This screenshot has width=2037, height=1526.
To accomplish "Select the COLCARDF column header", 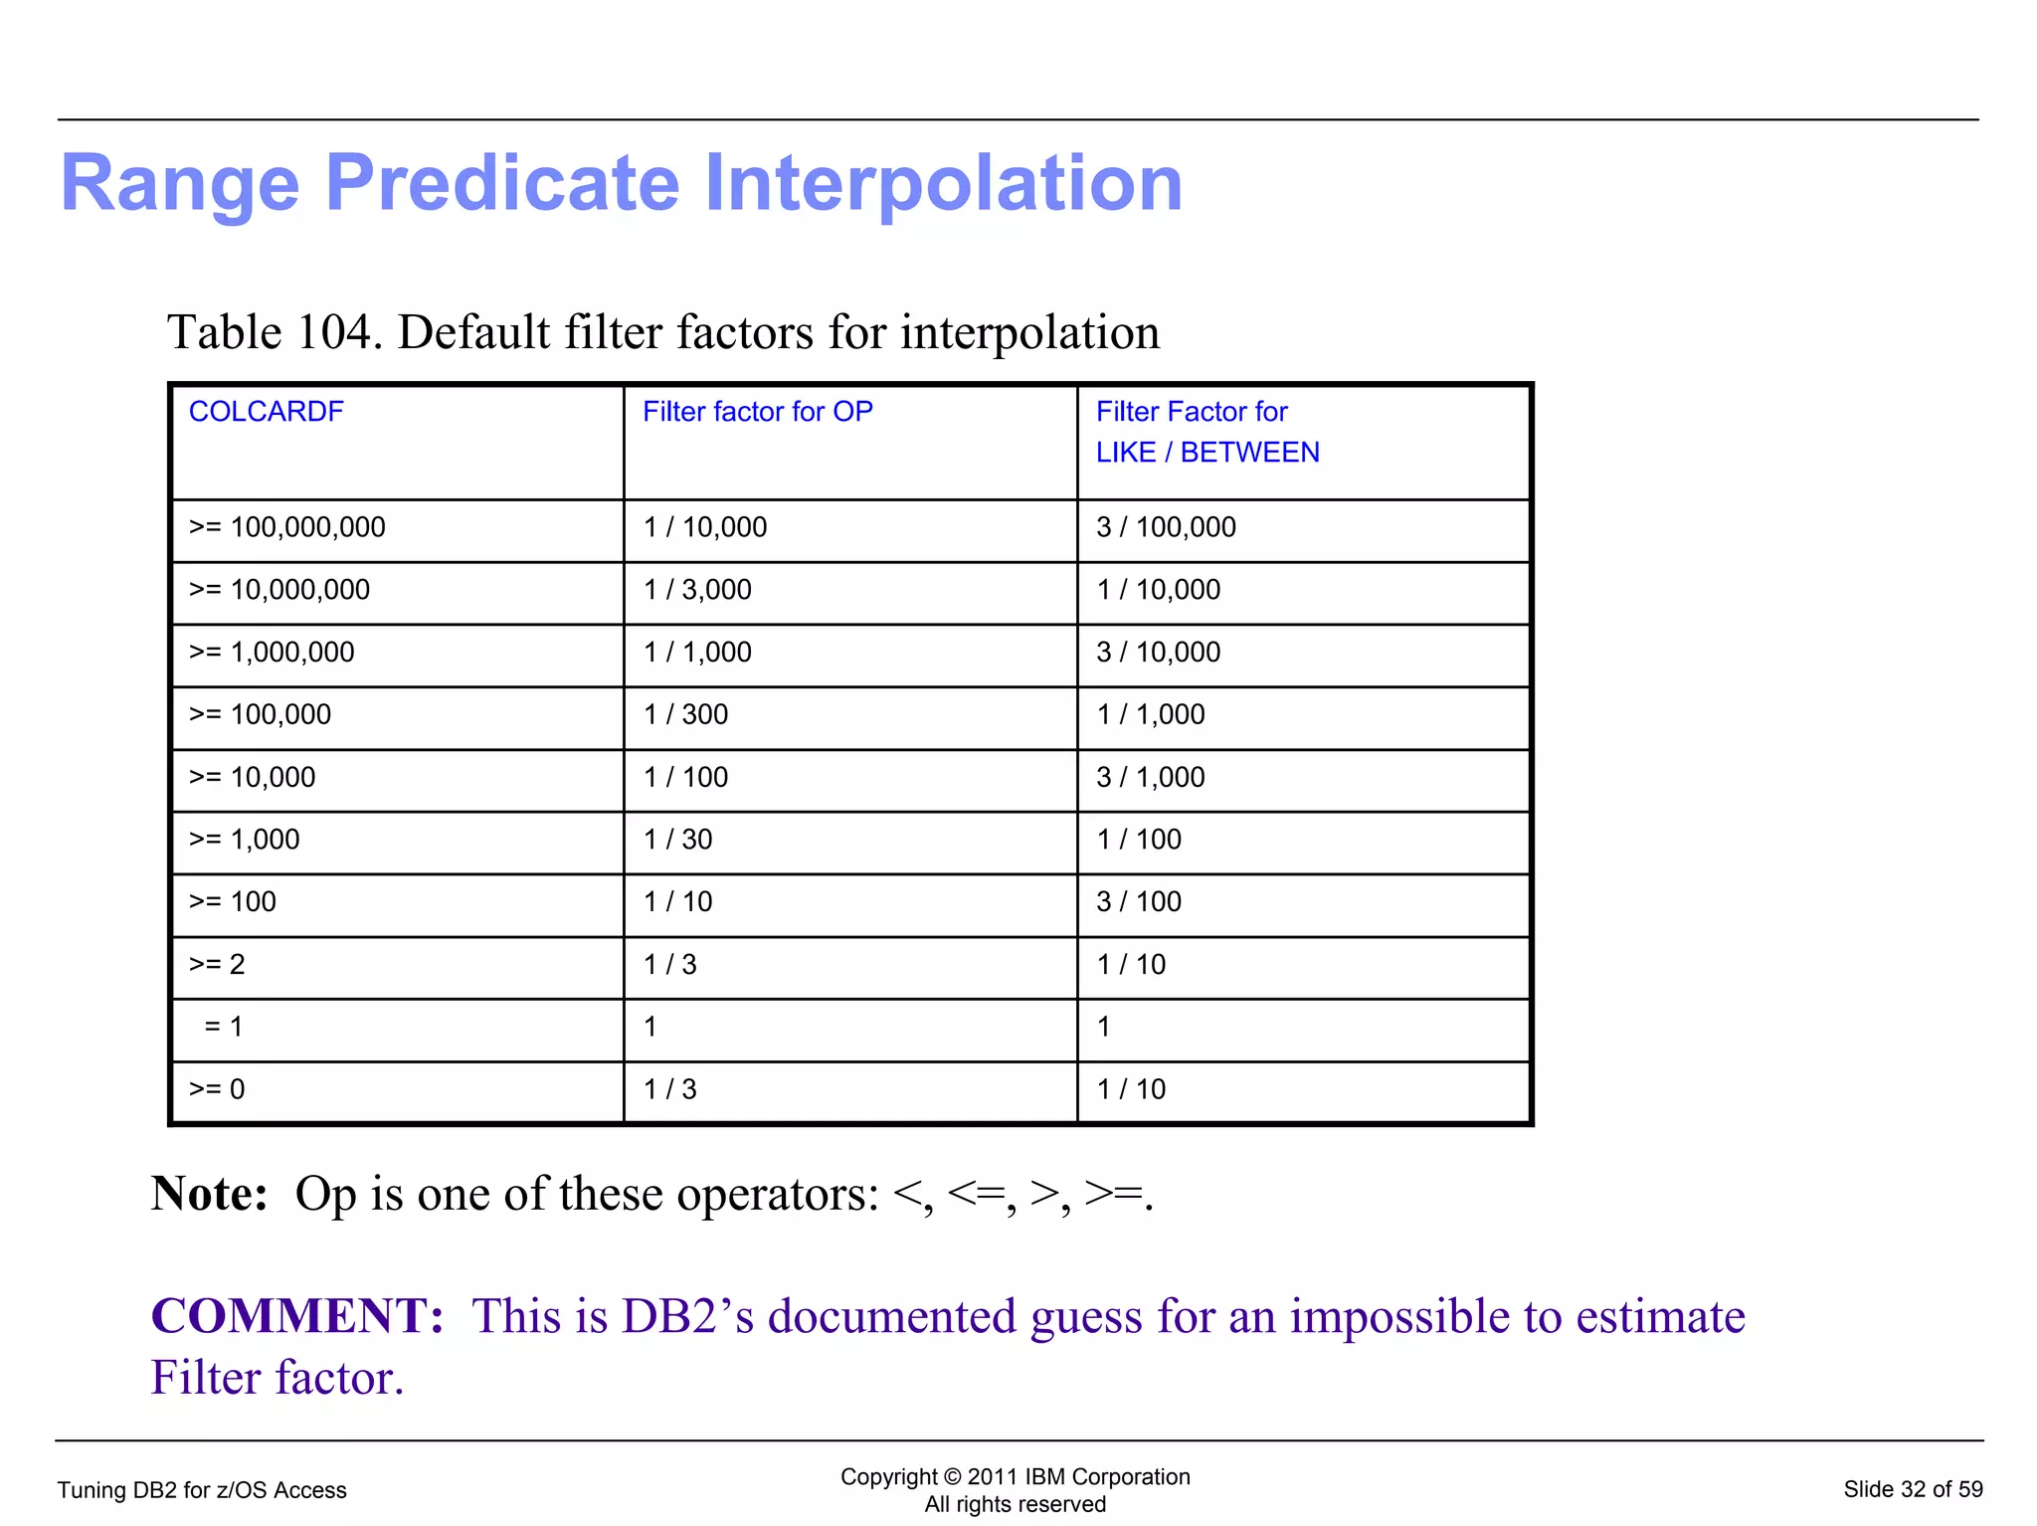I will click(266, 412).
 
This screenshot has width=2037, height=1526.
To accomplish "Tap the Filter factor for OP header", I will click(757, 412).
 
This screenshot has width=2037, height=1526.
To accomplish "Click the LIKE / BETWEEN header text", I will click(1206, 453).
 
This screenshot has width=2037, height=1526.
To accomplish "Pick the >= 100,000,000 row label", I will click(286, 527).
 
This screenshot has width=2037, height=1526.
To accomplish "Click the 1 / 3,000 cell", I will click(696, 590).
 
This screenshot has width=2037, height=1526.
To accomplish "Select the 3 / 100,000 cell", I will click(1165, 527).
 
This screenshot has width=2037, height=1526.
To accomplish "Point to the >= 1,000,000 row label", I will click(272, 653).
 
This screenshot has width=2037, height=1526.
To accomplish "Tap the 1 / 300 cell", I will click(685, 714).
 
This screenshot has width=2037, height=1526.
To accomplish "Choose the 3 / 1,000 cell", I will click(1150, 777).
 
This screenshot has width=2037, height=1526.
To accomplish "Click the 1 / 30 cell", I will click(677, 840).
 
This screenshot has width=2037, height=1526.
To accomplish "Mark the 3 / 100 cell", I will click(1138, 902).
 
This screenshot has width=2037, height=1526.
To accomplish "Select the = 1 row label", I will click(223, 1027).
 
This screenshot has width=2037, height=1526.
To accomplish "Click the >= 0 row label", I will click(217, 1089).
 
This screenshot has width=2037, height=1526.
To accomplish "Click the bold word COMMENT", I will click(296, 1316).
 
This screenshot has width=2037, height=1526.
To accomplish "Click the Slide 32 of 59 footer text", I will click(1912, 1489).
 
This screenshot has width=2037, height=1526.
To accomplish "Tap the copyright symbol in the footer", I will click(953, 1477).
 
